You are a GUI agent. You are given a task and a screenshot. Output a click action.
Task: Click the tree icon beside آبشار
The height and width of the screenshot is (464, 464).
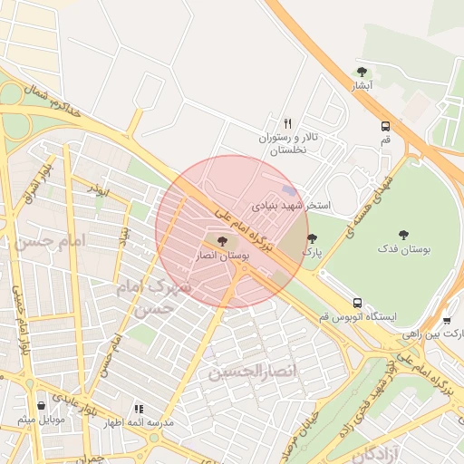click(x=362, y=72)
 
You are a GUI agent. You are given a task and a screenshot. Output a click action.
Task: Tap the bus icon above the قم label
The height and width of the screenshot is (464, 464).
click(x=385, y=126)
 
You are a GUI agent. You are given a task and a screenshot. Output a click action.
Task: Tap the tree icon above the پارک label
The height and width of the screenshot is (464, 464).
click(x=313, y=238)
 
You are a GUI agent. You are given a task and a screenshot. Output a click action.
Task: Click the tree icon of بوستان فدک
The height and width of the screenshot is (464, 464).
click(x=403, y=235)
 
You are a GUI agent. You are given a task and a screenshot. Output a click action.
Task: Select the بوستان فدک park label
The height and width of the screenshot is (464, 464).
click(x=404, y=248)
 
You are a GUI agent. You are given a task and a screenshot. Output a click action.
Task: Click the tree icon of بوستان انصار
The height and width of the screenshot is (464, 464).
click(x=222, y=241)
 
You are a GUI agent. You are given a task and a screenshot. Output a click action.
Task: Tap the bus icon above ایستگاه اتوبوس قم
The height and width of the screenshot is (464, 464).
click(x=357, y=303)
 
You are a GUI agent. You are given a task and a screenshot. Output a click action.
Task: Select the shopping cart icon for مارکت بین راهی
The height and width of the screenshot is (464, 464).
click(x=447, y=320)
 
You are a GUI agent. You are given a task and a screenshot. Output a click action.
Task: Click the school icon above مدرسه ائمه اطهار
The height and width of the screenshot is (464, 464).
click(x=139, y=409)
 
